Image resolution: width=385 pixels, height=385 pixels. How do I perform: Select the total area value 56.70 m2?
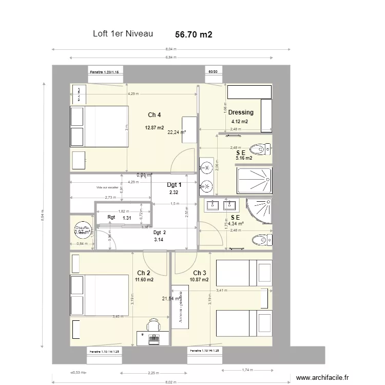(194, 34)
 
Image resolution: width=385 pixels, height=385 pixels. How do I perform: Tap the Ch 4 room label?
(155, 114)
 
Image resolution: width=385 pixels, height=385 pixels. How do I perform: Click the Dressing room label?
(241, 112)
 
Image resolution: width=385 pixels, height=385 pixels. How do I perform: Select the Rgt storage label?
(111, 217)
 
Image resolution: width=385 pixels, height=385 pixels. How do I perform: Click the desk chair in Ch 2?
(153, 325)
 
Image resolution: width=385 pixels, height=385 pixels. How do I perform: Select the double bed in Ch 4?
(99, 126)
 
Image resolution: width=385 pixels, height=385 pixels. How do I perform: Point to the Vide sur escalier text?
(107, 188)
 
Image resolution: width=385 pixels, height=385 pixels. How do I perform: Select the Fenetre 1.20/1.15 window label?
(105, 72)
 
